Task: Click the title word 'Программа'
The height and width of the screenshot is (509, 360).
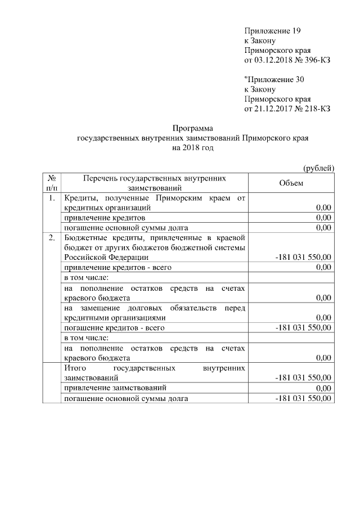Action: click(x=193, y=129)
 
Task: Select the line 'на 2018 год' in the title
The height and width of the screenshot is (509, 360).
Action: click(x=193, y=148)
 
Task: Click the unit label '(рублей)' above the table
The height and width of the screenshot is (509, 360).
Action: click(x=318, y=168)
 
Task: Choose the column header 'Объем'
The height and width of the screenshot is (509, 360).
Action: click(x=291, y=183)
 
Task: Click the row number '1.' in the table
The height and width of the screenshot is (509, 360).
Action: click(x=52, y=198)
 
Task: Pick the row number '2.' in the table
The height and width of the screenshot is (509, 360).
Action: click(x=52, y=238)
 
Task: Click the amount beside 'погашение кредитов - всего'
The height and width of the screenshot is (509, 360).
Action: click(x=303, y=327)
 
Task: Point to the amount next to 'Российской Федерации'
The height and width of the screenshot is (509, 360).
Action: click(x=303, y=257)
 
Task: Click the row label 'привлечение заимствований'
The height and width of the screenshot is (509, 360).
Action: click(x=115, y=388)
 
